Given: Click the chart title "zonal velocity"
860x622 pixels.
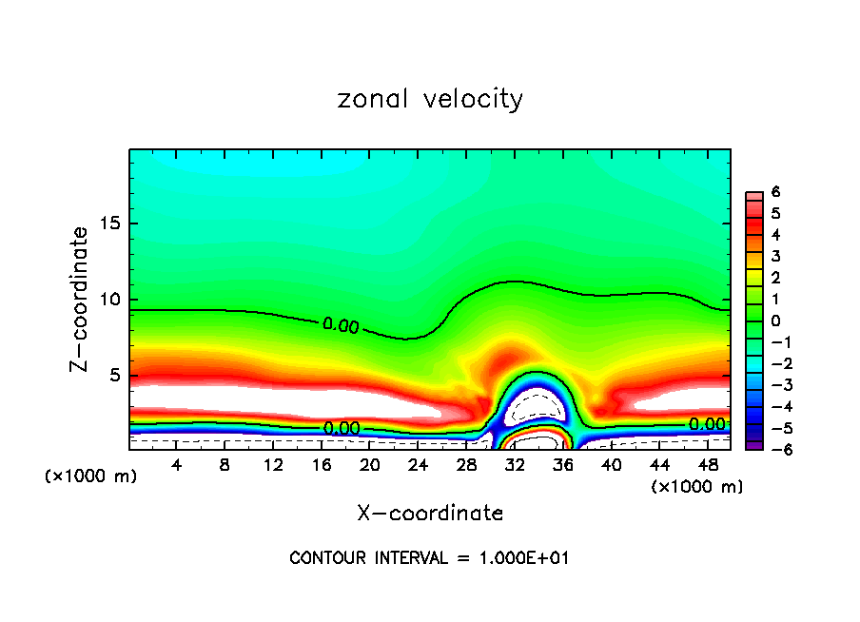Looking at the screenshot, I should point(430,99).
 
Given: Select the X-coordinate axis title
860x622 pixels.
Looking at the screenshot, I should point(430,514).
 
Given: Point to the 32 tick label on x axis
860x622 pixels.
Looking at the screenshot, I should point(514,466).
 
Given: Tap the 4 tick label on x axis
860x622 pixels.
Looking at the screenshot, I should point(176,466).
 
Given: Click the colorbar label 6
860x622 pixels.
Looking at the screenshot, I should point(776,192).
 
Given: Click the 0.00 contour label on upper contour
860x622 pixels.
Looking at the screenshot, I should point(341,325).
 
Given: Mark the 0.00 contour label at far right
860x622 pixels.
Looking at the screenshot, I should point(707,424).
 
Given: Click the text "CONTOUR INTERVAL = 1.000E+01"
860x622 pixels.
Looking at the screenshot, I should point(429,558).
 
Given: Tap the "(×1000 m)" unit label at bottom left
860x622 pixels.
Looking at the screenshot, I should point(91,476).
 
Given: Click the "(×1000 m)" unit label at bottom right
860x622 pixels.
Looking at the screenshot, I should point(697,487).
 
